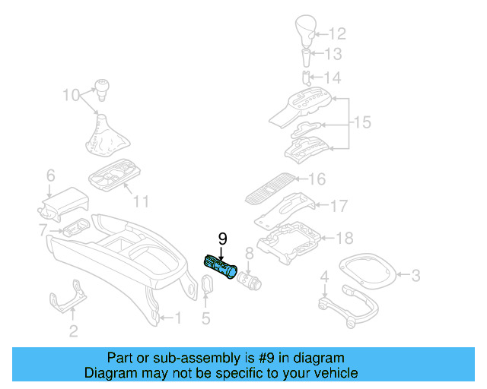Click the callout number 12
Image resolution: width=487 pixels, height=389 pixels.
336,33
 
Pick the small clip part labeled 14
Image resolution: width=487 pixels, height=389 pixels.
306,77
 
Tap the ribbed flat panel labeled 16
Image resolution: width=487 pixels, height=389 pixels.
267,188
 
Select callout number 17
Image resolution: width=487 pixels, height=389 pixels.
338,205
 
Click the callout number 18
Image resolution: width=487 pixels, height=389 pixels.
344,239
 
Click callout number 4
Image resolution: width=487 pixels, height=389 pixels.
325,275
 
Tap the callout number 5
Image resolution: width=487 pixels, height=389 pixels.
205,319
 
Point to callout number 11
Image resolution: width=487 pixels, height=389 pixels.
141,202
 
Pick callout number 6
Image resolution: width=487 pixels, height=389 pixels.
50,176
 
